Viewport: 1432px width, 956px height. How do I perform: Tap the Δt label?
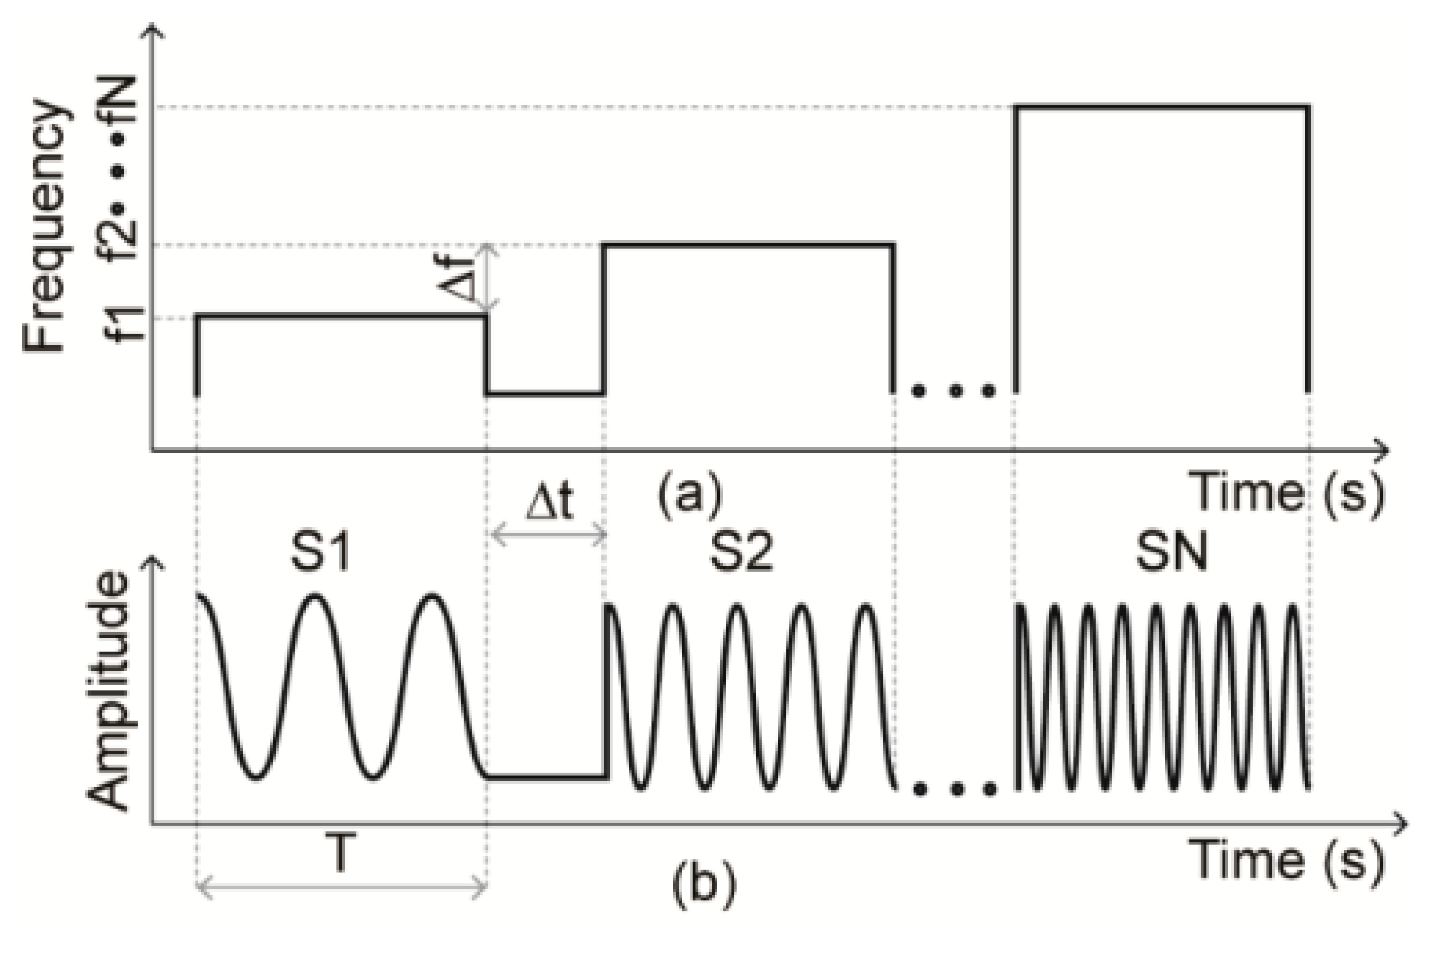(x=549, y=502)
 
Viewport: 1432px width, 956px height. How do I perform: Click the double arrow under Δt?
(x=547, y=535)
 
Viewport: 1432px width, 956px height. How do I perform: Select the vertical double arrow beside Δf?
(x=488, y=277)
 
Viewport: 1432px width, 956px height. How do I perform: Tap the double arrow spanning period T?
(x=342, y=888)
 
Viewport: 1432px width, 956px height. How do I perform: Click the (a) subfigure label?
(x=689, y=494)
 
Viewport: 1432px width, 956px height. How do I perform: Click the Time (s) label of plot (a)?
(x=1288, y=493)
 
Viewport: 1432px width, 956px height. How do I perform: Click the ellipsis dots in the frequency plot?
(x=954, y=390)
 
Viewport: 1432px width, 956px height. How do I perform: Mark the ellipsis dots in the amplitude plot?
(x=954, y=788)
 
